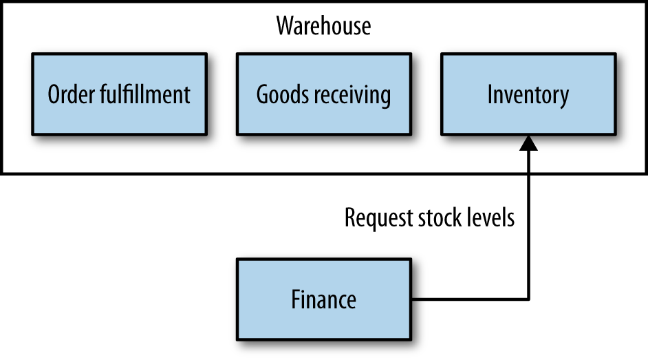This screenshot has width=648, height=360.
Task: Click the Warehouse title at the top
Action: pos(323,26)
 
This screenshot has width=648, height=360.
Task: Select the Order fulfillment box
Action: pos(119,94)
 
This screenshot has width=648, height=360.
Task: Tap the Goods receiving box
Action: pos(323,94)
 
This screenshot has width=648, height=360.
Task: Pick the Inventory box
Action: pos(528,94)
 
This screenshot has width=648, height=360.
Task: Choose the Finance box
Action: pos(323,299)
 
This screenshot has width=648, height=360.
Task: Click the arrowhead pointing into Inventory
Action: pos(528,142)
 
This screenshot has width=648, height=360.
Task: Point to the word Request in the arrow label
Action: pos(379,219)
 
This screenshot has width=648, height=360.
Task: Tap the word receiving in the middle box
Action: pos(350,95)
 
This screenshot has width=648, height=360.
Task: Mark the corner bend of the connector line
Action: pos(528,299)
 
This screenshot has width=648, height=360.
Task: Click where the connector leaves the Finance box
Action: pos(413,299)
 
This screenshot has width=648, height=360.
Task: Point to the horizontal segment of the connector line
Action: pos(471,299)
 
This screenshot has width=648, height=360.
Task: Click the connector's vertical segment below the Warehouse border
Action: pos(528,255)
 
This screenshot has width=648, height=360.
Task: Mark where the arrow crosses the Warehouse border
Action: pos(528,173)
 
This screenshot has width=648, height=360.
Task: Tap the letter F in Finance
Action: pos(296,299)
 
